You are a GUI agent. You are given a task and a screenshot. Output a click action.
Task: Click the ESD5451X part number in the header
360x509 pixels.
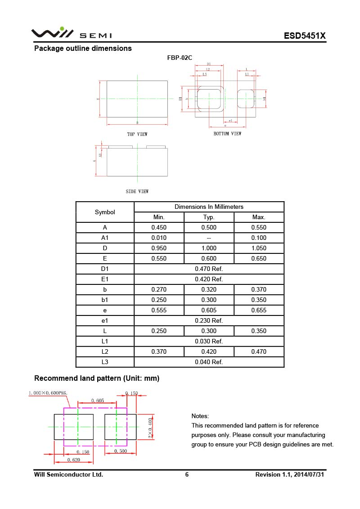pos(304,36)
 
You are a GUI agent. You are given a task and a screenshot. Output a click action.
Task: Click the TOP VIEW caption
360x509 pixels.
pos(137,134)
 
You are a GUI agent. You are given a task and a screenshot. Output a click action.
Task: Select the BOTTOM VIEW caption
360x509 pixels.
pos(227,134)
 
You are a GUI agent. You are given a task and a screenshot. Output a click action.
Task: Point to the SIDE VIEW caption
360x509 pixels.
pos(137,191)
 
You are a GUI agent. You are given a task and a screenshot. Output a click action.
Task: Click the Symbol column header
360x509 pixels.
pos(105,212)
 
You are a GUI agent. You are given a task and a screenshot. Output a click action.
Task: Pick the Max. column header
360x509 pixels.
pos(259,217)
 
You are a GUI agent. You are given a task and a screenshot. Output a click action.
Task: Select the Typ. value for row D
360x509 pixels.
pos(209,248)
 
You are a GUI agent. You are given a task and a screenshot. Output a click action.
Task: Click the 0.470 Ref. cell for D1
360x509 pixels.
pos(209,269)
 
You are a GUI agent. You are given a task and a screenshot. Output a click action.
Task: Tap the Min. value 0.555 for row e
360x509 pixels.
pos(159,310)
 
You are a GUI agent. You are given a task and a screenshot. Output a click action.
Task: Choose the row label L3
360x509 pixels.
pos(105,362)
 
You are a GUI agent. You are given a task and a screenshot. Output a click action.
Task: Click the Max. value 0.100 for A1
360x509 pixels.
pos(259,238)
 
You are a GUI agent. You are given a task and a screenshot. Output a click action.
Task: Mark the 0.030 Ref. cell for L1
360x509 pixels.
pos(209,341)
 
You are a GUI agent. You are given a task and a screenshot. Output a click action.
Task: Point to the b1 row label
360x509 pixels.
pos(105,300)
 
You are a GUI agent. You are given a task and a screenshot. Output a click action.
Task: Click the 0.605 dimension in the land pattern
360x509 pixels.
pos(98,400)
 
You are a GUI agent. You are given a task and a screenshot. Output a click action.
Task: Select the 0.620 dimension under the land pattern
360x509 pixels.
pos(74,459)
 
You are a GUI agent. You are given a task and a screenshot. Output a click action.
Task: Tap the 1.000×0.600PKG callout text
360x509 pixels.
pos(48,393)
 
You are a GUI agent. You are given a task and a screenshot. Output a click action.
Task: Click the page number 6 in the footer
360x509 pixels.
pos(187,474)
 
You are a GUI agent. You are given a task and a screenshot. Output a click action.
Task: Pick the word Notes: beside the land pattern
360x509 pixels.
pos(200,416)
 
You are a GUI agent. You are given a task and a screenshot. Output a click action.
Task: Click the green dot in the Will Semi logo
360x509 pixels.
pos(62,29)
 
